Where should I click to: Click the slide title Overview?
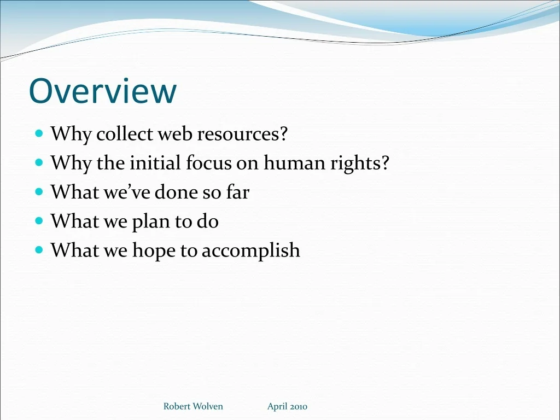coord(103,91)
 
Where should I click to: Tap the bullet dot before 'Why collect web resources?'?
coord(39,133)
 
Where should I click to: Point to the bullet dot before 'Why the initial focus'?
coord(39,162)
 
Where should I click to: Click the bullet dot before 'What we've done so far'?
coord(39,192)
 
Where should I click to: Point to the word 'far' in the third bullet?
coord(238,192)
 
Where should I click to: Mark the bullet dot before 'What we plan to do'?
coord(39,221)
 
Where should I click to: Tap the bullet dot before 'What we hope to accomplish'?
coord(39,249)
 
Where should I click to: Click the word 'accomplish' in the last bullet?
coord(250,250)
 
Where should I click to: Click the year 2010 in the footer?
coord(299,406)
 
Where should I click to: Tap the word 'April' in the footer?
coord(277,407)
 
